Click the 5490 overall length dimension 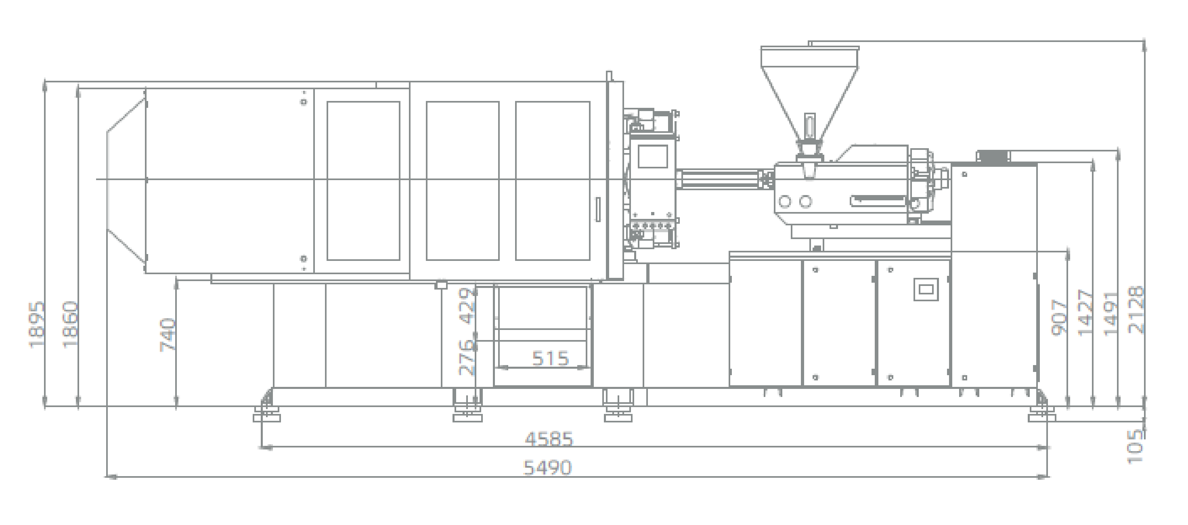tap(548, 468)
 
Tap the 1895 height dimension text tap(37, 324)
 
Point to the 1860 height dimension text tap(70, 324)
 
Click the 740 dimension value tap(168, 334)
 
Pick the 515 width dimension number tap(551, 358)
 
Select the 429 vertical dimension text tap(467, 306)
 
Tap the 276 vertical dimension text tap(467, 357)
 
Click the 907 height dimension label tap(1060, 317)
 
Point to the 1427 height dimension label tap(1085, 313)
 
